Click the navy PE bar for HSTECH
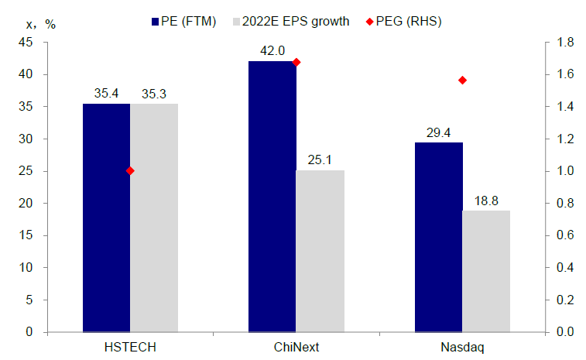point(106,218)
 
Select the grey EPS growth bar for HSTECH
point(154,218)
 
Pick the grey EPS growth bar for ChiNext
point(320,251)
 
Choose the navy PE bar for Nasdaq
point(438,237)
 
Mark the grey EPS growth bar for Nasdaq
point(486,271)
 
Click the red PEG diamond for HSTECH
point(130,170)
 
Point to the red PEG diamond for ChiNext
point(296,62)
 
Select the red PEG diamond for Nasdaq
point(462,80)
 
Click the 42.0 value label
point(272,51)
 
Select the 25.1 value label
point(320,159)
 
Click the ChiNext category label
point(296,347)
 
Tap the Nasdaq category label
point(462,347)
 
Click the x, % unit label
point(40,22)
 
